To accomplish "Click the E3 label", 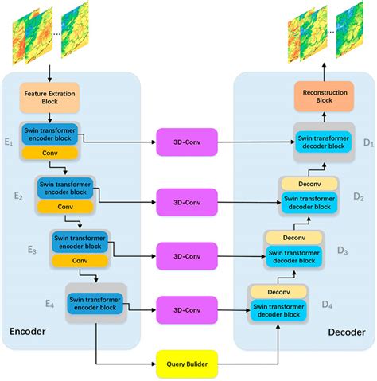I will [x=32, y=251].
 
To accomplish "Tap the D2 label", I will [x=359, y=196].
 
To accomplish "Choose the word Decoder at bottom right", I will [x=345, y=332].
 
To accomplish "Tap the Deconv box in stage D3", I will [x=294, y=238].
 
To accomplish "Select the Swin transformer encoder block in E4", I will [x=95, y=303].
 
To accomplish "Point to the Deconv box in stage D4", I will [x=278, y=291].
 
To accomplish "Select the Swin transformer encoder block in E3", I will [x=80, y=242].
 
